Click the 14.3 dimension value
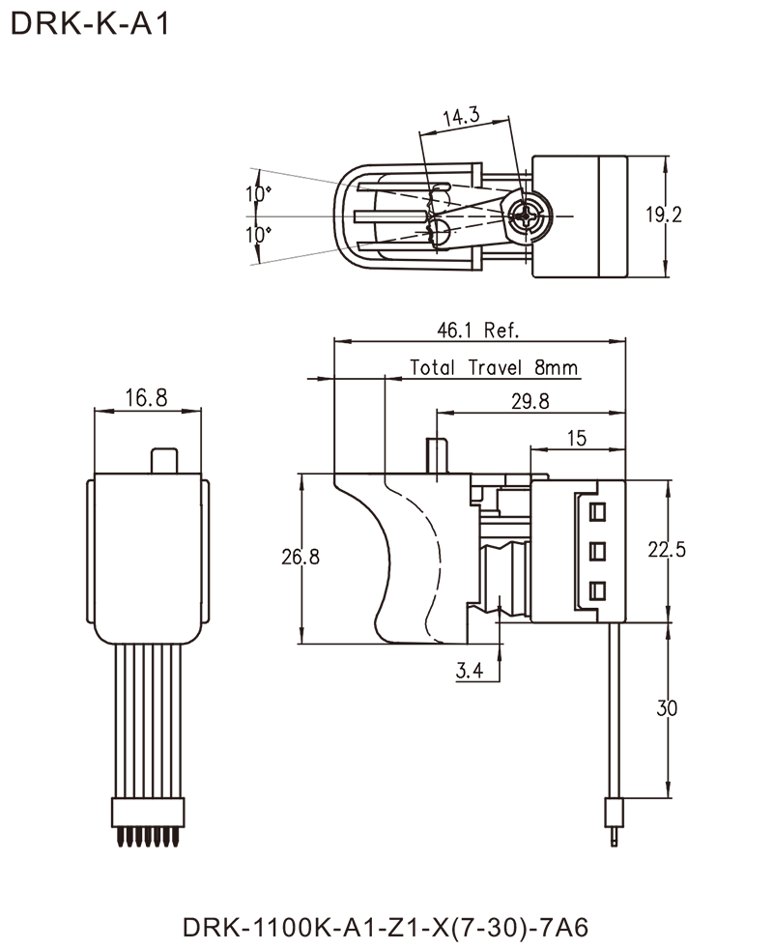point(464,116)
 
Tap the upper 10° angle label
point(260,195)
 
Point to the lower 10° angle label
point(260,235)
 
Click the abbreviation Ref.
point(501,331)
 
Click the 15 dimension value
point(577,438)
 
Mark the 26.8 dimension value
point(301,558)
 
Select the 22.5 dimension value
point(668,552)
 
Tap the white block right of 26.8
point(334,556)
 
